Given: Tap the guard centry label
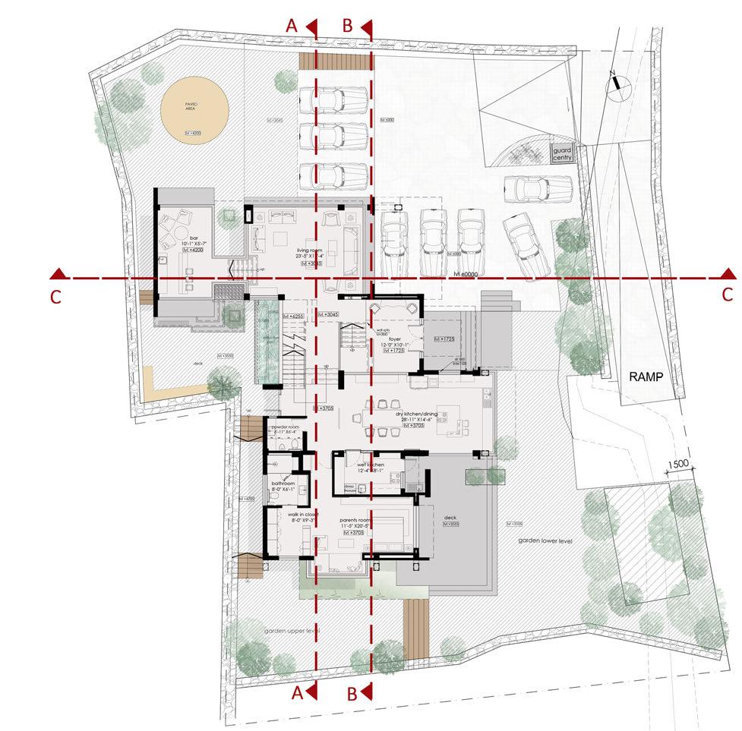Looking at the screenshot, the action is (x=562, y=155).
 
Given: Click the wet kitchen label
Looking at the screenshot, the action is (x=370, y=464).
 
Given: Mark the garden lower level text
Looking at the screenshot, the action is (x=545, y=540).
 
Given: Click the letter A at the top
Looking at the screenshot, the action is (x=290, y=25).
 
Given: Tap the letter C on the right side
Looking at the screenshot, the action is (x=727, y=294).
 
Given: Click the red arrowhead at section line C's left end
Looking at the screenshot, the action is (x=56, y=273).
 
